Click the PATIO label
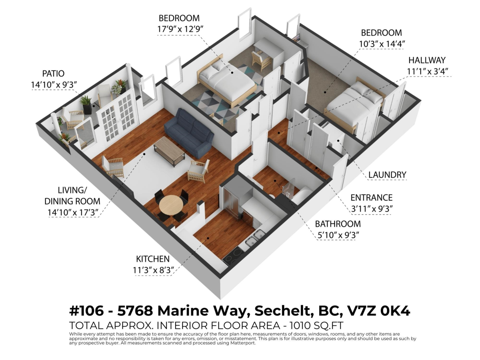(x=53, y=74)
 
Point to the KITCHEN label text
(x=152, y=259)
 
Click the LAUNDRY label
(x=387, y=175)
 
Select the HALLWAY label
(x=426, y=60)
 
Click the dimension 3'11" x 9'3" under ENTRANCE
(x=371, y=208)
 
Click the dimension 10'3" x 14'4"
(x=381, y=44)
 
